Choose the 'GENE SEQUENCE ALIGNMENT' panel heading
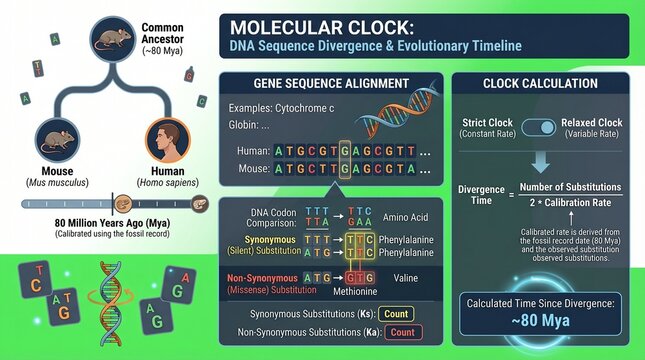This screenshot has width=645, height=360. click(331, 83)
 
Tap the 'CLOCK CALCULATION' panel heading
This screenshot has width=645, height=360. click(540, 83)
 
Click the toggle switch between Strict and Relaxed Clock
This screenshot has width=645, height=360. click(540, 128)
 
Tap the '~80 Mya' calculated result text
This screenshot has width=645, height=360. click(540, 321)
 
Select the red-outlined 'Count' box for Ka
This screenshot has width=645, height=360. click(401, 332)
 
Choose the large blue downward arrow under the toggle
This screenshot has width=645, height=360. click(540, 161)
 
